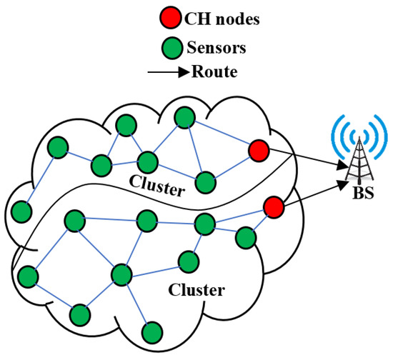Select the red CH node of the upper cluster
point(259,151)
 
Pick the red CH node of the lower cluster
point(272,207)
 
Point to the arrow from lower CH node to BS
point(311,195)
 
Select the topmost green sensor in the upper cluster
point(185,117)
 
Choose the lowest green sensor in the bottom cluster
point(151,332)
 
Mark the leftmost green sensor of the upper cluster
point(21,211)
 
